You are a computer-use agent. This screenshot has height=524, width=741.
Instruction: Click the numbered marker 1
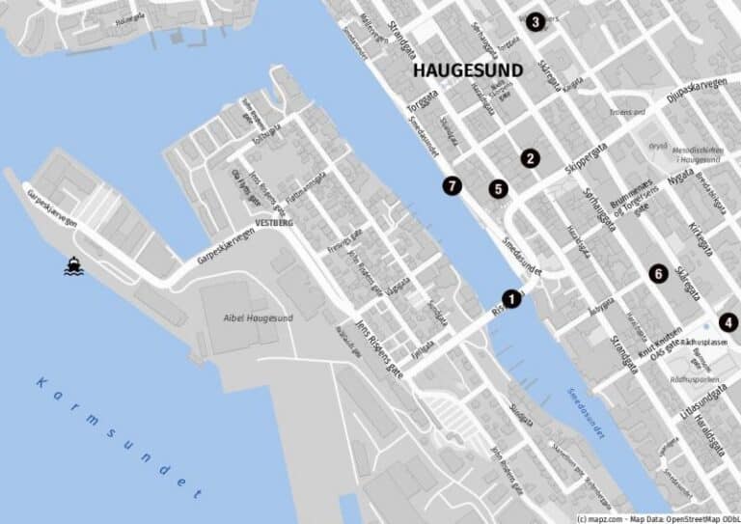(x=511, y=299)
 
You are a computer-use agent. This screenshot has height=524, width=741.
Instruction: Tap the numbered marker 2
(x=529, y=158)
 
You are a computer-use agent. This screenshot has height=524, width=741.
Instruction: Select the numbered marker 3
(x=535, y=21)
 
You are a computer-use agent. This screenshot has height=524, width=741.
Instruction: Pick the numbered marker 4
(x=727, y=323)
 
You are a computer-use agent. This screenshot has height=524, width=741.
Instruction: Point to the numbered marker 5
(x=498, y=189)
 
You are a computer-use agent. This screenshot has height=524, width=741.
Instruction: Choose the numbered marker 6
(x=657, y=274)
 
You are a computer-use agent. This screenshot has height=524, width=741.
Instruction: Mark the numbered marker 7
(x=453, y=186)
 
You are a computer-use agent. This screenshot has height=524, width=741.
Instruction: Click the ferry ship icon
(x=73, y=265)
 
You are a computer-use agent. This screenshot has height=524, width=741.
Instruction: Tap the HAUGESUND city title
(x=468, y=70)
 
